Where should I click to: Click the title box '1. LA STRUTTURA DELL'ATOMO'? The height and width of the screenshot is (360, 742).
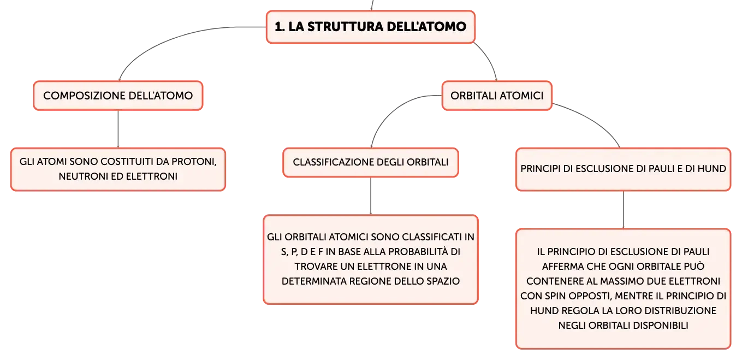[x=371, y=27]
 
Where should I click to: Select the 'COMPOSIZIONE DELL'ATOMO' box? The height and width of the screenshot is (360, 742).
[x=118, y=96]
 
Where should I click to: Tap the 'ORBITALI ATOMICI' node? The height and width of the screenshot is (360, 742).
[x=497, y=96]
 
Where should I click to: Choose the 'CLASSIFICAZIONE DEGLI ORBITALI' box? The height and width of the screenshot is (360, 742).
[x=371, y=162]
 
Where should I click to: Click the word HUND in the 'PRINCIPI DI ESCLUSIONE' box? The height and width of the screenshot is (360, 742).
[x=711, y=169]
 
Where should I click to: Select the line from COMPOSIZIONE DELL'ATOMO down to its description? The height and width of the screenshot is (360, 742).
[x=118, y=129]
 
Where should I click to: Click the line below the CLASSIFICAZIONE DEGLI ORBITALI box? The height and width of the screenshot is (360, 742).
[x=371, y=196]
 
